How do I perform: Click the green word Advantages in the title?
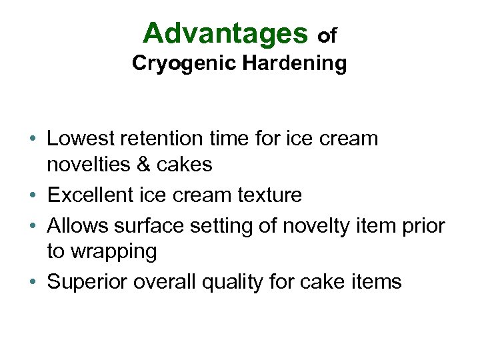tap(225, 33)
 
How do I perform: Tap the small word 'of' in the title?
tap(327, 36)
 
